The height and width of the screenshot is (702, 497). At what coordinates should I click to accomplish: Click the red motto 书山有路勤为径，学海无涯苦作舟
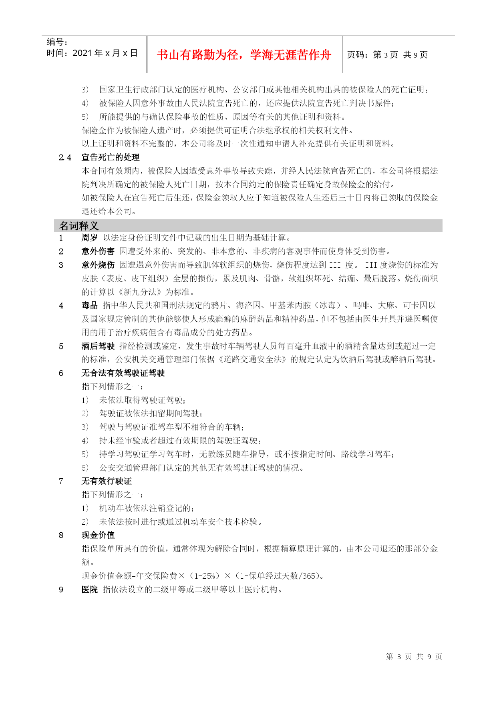[x=244, y=55]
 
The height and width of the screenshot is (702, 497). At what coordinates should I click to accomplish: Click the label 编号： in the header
[x=57, y=42]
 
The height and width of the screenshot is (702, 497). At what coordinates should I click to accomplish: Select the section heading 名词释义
[x=78, y=226]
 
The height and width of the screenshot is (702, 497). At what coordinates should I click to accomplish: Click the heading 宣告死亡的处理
[x=111, y=157]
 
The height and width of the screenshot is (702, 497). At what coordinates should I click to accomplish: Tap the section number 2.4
[x=65, y=157]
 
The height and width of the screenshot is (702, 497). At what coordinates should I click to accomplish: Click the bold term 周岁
[x=89, y=238]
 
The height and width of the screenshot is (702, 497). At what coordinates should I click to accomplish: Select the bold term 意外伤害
[x=98, y=251]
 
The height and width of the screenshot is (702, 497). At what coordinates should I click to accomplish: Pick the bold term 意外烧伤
[x=98, y=265]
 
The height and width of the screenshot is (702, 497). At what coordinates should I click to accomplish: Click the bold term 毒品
[x=89, y=305]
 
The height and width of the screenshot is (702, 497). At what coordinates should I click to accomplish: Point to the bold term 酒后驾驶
[x=98, y=346]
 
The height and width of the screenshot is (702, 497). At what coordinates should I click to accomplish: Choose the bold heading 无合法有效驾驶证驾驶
[x=123, y=373]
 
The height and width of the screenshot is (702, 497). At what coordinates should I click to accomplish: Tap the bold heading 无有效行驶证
[x=106, y=481]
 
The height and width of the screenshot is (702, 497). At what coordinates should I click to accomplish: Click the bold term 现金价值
[x=98, y=535]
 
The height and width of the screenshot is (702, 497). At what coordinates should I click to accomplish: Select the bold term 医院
[x=89, y=590]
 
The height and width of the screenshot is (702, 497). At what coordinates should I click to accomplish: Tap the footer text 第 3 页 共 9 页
[x=414, y=657]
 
